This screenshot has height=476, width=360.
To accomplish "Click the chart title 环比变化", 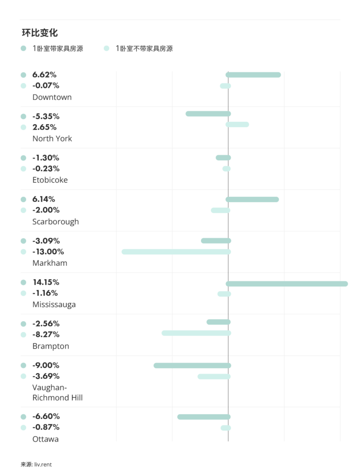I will tap(40, 33).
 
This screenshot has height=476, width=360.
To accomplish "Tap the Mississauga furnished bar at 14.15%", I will tap(287, 284).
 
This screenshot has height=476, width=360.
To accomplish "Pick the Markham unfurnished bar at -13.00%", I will tap(176, 251).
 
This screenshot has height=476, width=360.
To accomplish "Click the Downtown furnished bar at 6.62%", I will tap(253, 75).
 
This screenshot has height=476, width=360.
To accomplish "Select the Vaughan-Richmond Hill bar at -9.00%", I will tap(192, 365).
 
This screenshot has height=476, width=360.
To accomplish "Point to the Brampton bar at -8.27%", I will tap(196, 333).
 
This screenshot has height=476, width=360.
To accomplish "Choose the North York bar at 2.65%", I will tap(237, 125).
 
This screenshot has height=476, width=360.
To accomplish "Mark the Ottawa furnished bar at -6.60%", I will tap(204, 417).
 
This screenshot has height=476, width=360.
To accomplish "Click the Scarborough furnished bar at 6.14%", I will tap(253, 199).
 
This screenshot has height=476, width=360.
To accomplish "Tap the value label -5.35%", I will tap(46, 116).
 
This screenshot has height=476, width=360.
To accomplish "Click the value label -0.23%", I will tap(46, 168).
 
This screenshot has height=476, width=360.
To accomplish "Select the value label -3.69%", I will tap(46, 376).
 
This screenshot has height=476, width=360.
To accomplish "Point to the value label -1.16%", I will tap(45, 293).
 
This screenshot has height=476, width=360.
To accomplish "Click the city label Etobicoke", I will tap(50, 180).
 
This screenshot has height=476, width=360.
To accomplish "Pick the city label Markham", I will tap(49, 263).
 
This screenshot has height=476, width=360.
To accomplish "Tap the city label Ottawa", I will tap(45, 439).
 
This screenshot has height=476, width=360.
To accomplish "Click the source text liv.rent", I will tap(42, 464).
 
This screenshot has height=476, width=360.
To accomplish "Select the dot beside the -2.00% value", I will tap(23, 210).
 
